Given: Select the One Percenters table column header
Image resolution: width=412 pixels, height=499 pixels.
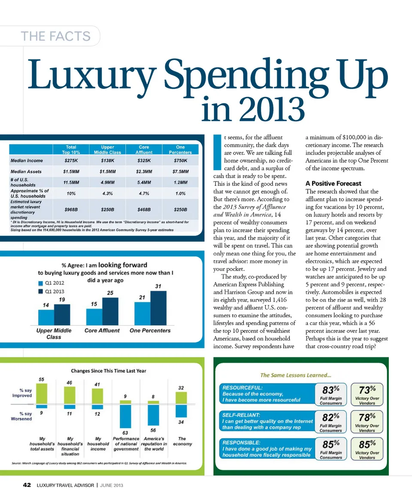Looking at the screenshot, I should [180, 149].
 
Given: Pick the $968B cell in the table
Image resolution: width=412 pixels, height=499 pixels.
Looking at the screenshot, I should [68, 210].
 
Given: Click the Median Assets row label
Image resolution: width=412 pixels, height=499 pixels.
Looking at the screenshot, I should [26, 171].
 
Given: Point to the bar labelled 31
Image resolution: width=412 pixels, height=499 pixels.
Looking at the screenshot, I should [158, 308].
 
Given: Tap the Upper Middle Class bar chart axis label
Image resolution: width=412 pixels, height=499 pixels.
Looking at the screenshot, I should [54, 334].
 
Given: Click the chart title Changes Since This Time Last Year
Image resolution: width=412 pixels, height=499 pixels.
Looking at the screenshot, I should [109, 371].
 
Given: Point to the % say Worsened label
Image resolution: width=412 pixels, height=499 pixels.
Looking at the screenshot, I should [21, 416].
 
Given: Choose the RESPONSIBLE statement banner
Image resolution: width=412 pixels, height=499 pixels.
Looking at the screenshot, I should [267, 448].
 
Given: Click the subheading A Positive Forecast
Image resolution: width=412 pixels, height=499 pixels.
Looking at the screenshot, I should [333, 183].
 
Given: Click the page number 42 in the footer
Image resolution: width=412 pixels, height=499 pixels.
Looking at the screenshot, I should [27, 485].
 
